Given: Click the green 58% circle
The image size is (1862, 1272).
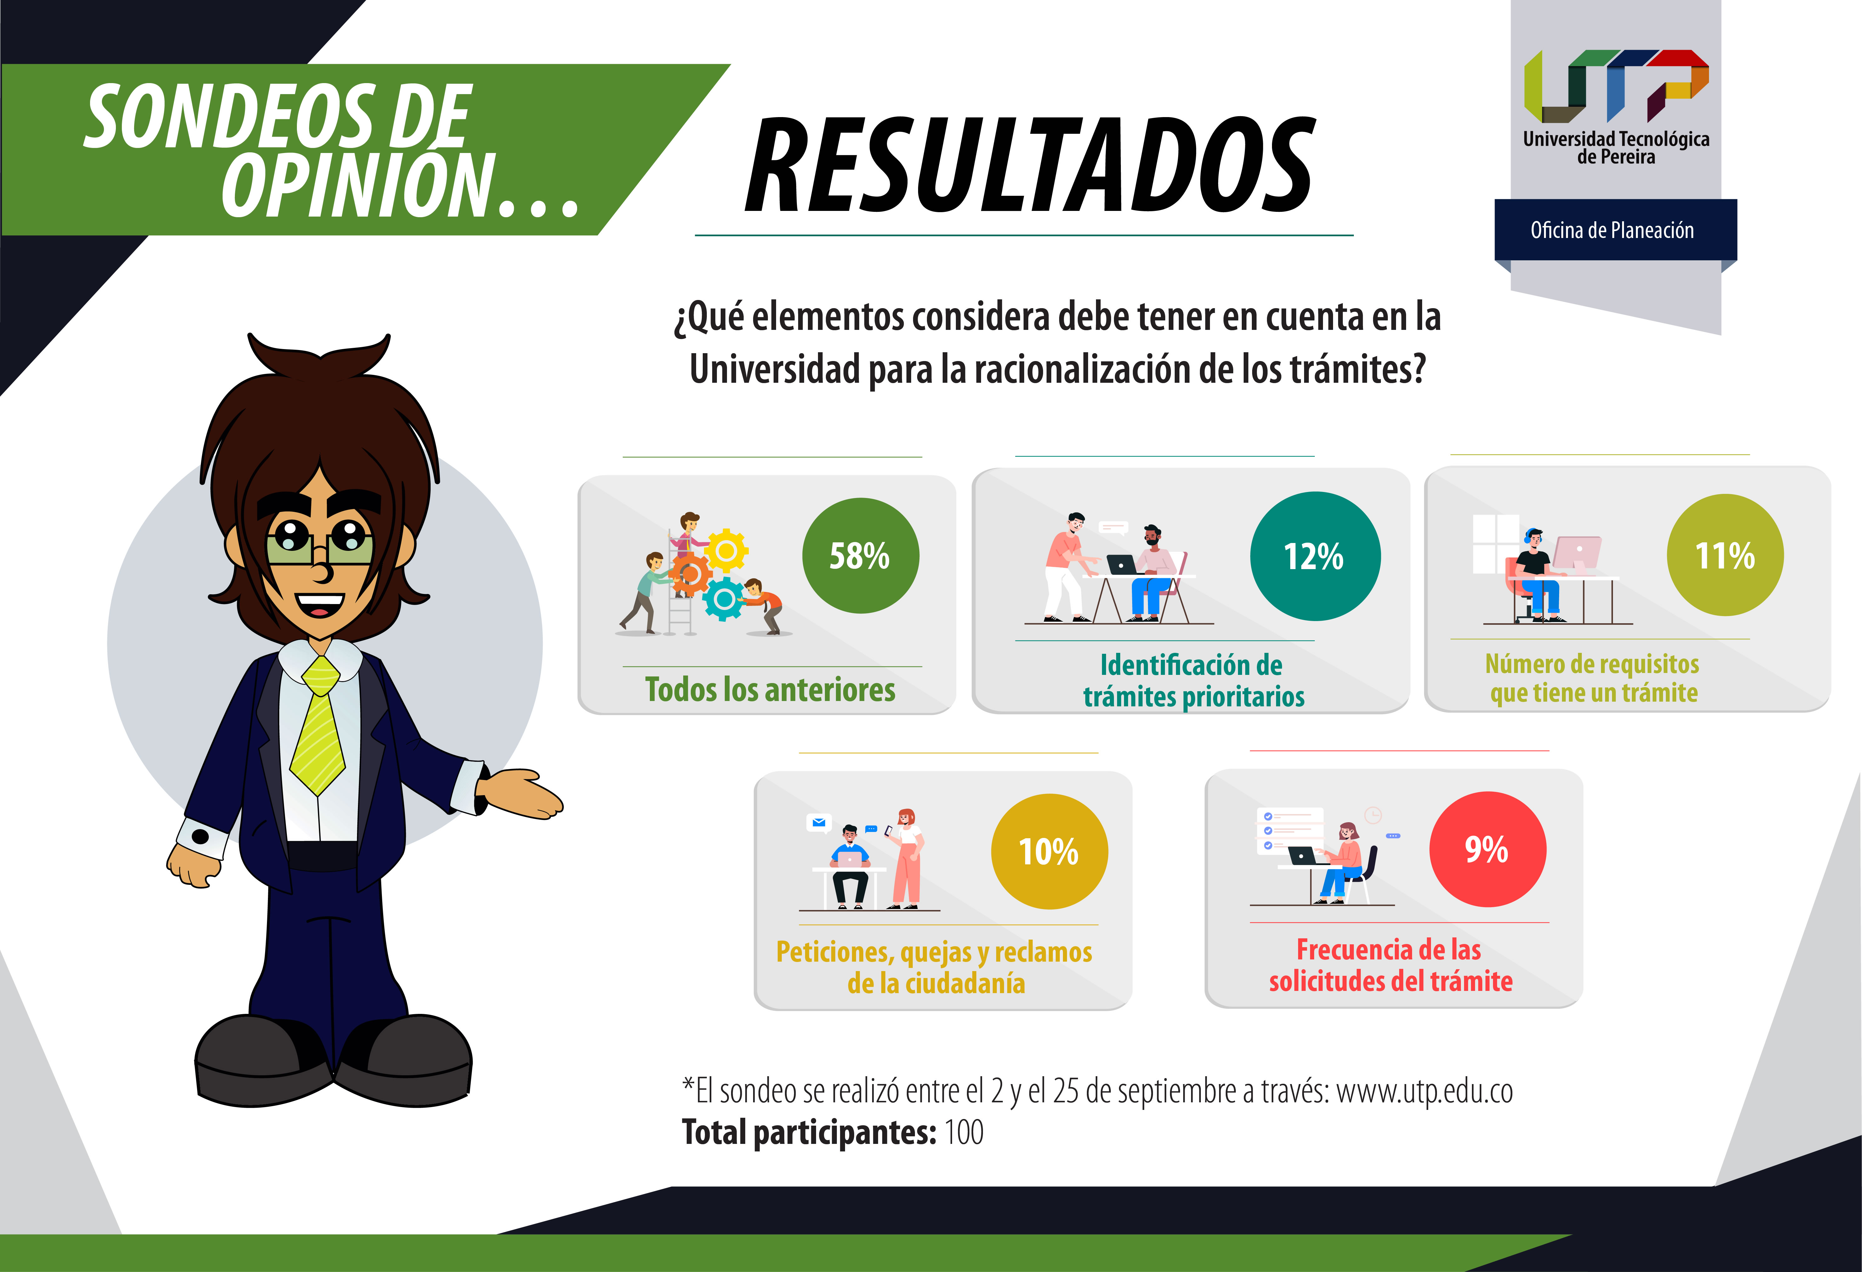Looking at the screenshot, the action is pos(860,556).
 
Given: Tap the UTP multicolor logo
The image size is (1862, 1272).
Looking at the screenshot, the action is pos(1616,85).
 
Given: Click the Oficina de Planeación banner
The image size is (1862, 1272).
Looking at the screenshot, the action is pos(1615,230).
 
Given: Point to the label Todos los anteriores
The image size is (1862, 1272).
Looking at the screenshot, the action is pos(770,690).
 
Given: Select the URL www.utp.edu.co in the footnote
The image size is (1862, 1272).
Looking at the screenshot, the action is pos(1425,1091).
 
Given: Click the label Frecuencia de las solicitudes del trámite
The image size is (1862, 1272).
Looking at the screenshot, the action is pos(1390,965).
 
